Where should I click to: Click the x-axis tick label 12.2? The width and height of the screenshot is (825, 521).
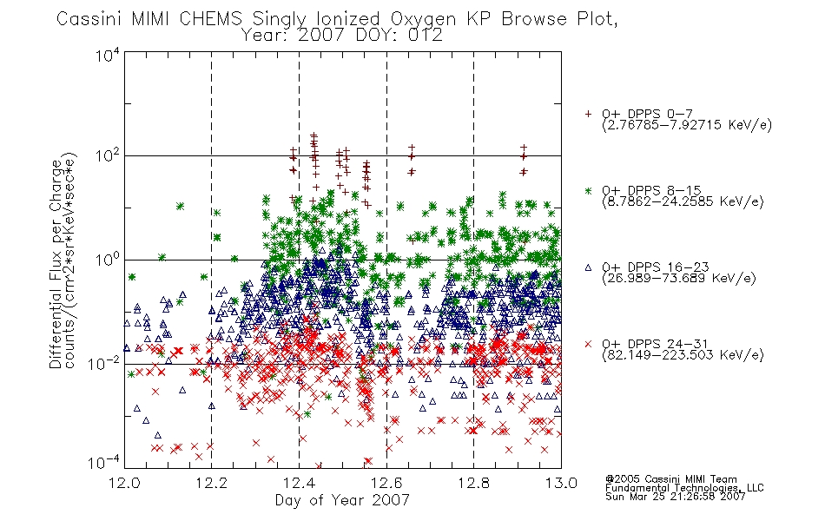[212, 483]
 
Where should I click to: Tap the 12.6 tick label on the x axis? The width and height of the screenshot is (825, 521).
[386, 483]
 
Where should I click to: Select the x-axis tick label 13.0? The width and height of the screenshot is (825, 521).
[561, 483]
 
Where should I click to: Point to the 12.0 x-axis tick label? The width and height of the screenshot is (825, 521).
[124, 483]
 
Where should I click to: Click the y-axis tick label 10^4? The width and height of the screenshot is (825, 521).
[108, 55]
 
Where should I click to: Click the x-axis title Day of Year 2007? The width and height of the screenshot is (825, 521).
[342, 500]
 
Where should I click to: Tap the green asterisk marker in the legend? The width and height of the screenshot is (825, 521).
[588, 190]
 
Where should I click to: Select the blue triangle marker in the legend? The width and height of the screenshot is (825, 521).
[588, 267]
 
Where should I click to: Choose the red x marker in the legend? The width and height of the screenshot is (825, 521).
[588, 344]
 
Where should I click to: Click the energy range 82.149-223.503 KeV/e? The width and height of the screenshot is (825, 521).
[683, 355]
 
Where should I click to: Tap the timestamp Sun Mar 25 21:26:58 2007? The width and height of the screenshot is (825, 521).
[675, 497]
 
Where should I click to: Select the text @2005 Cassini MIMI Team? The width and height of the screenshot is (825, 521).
[670, 479]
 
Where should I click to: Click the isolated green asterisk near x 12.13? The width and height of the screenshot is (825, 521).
[180, 207]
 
